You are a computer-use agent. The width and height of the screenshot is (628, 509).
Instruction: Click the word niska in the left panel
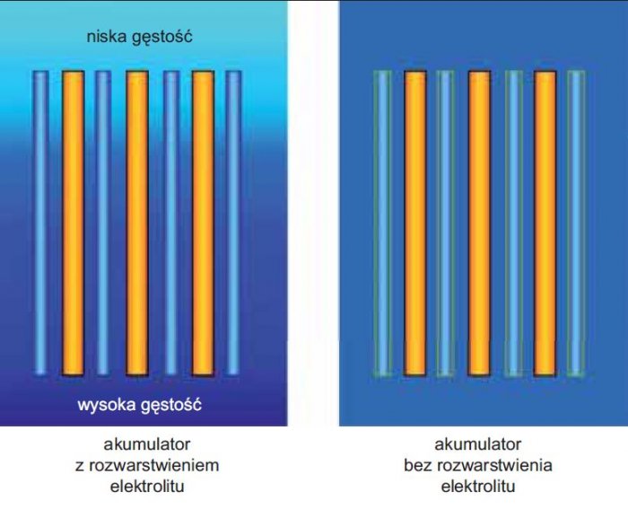tap(107, 37)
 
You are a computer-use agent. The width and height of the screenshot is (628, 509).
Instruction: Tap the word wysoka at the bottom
tap(107, 405)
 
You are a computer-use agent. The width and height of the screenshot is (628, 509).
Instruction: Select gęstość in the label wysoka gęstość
tap(171, 406)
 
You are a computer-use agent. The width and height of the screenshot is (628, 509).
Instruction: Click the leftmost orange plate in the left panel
tap(73, 224)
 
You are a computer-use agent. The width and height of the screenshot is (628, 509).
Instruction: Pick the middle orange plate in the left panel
tap(137, 224)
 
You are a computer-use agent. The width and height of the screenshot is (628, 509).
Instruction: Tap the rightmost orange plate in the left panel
tap(203, 224)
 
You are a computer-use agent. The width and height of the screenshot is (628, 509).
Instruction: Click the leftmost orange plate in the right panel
tap(414, 224)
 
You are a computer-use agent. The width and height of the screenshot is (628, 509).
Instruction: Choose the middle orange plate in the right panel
tap(479, 224)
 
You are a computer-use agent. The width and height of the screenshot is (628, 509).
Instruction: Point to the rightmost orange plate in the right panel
tap(545, 224)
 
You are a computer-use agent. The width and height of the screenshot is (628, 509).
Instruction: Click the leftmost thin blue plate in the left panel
tap(40, 224)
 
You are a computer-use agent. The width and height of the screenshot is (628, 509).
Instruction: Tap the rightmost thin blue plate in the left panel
tap(233, 224)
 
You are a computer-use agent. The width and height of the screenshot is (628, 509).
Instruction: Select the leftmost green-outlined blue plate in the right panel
tap(382, 224)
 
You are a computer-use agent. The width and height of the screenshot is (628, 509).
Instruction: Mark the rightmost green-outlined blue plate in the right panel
tap(576, 224)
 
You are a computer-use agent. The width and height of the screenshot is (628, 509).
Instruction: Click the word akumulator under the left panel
tap(147, 444)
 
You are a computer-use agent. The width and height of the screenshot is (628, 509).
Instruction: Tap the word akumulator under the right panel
tap(478, 444)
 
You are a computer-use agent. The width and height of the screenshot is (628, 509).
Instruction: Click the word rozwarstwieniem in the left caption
tap(153, 465)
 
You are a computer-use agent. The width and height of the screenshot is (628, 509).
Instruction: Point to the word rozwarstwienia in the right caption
tap(494, 465)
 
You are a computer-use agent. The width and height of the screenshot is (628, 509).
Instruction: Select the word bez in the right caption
tap(418, 465)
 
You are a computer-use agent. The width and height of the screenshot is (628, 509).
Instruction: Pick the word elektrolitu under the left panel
tap(147, 487)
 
